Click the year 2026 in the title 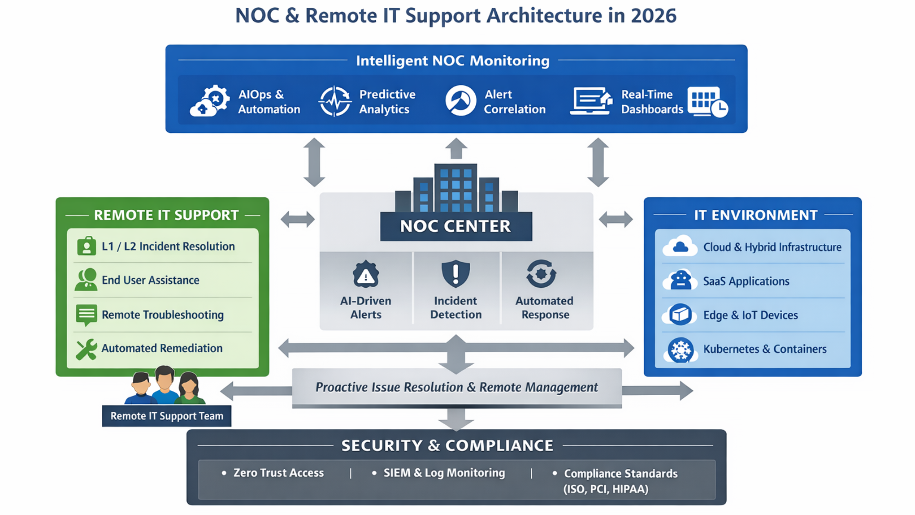653,16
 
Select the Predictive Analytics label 387,102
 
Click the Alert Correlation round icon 460,101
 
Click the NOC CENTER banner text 455,226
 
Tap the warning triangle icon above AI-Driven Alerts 366,274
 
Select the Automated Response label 545,308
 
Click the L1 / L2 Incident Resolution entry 168,246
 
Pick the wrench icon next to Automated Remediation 86,349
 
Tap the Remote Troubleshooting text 163,315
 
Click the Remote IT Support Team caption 167,416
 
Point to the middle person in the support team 165,384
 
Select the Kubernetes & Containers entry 765,349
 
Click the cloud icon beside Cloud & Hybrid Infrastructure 680,246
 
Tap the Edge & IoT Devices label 750,315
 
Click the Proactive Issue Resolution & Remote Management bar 456,387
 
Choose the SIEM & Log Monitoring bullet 444,473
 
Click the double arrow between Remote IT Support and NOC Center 298,219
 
